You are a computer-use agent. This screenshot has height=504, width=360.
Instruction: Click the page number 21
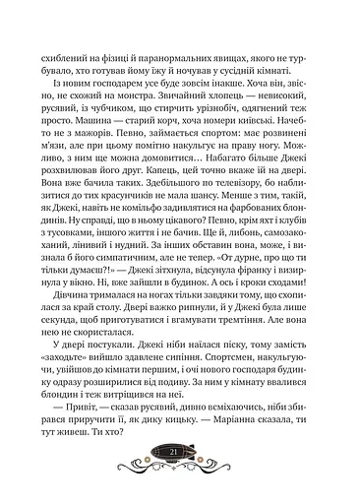[180, 478]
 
